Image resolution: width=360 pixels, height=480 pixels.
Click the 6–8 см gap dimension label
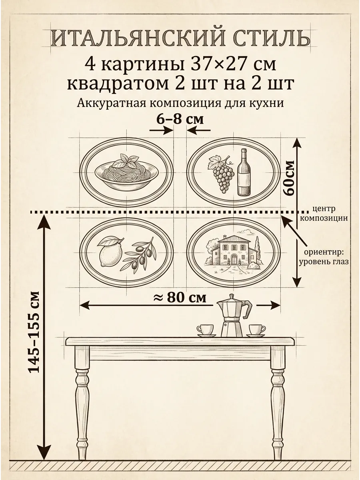click(180, 119)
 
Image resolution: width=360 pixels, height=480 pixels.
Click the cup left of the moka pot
click(206, 330)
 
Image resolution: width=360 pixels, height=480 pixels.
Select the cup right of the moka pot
click(256, 330)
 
